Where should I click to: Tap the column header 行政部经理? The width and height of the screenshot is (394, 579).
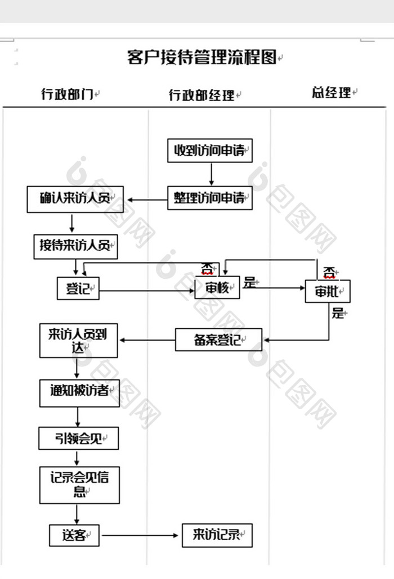coord(202,95)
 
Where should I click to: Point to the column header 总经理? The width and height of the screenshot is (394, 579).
coord(332,92)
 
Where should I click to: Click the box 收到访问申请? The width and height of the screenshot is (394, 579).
coord(209,150)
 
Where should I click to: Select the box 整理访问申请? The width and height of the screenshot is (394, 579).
coord(209,198)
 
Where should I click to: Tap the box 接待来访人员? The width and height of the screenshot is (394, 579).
coord(75,246)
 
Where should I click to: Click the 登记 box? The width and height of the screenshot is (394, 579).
coord(78,289)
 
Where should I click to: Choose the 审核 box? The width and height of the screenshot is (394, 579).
coord(217,288)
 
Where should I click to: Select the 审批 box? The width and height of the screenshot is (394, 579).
coord(328,291)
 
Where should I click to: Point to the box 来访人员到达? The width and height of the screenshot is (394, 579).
coord(78,341)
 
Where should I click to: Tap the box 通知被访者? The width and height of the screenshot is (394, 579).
coord(79,392)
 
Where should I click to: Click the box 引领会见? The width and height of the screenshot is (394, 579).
coord(79,438)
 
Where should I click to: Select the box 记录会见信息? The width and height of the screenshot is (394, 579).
coord(79,484)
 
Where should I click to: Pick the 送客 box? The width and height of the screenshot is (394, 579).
coord(74,535)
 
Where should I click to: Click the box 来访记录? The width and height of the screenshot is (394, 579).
coord(217,535)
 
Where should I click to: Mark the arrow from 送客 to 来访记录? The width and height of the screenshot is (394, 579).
coord(140,535)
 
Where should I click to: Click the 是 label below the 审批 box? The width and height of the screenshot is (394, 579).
coord(338,313)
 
